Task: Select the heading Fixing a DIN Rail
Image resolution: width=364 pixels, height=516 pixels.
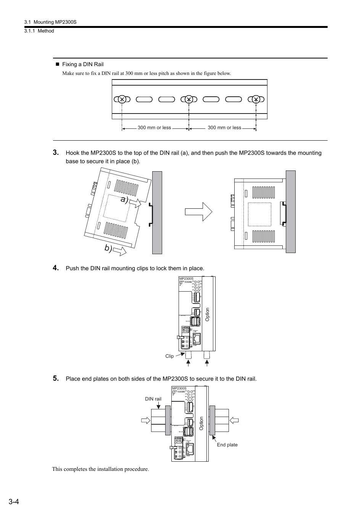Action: (x=82, y=64)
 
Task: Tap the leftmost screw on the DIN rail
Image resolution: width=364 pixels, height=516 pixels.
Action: (x=122, y=99)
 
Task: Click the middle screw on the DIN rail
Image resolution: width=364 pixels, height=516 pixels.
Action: (x=188, y=99)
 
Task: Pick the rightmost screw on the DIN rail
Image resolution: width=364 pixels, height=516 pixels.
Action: (x=256, y=99)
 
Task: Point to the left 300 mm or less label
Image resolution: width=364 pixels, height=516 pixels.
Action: (x=154, y=128)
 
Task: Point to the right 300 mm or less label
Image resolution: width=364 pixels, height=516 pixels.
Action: (x=224, y=128)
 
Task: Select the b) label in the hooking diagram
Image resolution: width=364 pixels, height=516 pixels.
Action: (x=109, y=248)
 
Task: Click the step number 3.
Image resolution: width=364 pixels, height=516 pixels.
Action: (x=56, y=153)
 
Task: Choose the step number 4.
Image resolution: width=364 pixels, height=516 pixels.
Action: (x=56, y=268)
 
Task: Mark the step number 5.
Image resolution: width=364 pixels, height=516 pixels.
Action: (x=56, y=378)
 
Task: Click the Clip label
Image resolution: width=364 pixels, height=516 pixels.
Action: (x=169, y=356)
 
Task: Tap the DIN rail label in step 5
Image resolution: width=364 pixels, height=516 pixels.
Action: (x=153, y=399)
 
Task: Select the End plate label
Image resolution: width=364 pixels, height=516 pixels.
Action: (x=227, y=445)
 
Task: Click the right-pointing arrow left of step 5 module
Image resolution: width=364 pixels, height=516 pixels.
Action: (x=145, y=420)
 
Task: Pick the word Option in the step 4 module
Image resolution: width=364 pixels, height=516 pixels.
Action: (x=208, y=314)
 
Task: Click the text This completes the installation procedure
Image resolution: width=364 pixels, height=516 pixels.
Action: (x=100, y=469)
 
